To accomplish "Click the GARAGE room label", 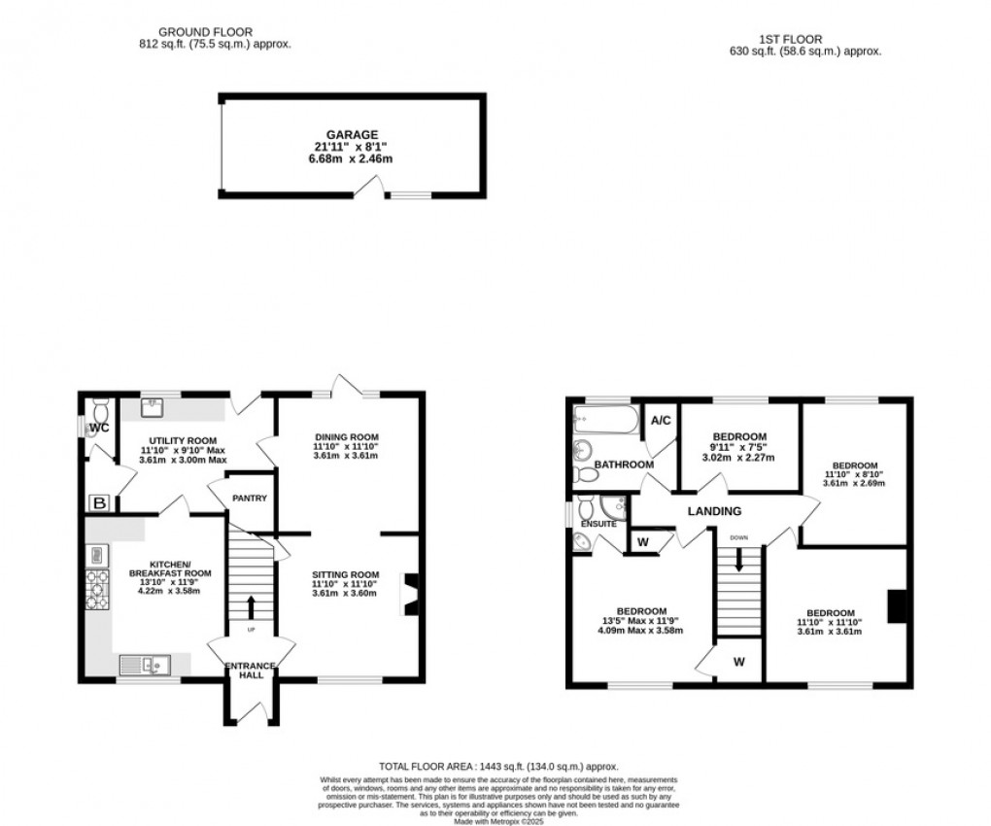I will coord(352,135).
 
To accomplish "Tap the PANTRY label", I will coord(248,499).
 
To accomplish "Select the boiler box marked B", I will coord(98,502).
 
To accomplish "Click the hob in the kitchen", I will coord(98,590).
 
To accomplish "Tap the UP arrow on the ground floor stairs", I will coord(251,607).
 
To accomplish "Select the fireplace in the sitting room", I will coord(411,594).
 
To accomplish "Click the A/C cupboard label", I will coord(661,421).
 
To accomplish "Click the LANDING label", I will coord(714,511).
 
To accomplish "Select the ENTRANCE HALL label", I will coord(251,671).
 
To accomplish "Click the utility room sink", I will coord(152,406).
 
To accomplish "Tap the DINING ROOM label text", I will coord(345,437).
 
